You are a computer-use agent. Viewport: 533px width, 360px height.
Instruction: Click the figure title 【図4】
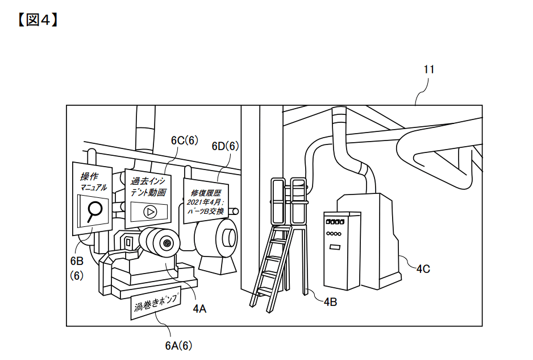38,20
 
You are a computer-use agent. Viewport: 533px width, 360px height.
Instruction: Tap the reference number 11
429,69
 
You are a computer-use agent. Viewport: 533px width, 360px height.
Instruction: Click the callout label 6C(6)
185,140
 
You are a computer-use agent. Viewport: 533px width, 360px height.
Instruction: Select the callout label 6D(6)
226,146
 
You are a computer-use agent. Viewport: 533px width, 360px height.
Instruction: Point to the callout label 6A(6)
179,346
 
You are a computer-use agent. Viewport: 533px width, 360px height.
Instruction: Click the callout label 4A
200,309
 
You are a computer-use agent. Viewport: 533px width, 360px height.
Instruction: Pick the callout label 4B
330,301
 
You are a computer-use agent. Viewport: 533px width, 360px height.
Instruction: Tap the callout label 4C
423,269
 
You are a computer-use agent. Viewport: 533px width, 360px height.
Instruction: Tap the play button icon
149,212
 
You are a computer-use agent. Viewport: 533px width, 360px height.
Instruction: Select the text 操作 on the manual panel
89,176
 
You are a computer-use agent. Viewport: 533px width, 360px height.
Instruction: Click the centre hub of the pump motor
167,243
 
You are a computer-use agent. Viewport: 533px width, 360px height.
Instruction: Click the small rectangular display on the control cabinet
335,246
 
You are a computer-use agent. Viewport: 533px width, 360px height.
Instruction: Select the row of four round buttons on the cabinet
334,234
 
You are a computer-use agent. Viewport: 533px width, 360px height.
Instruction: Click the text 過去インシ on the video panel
148,181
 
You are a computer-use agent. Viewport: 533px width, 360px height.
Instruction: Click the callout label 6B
77,261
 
